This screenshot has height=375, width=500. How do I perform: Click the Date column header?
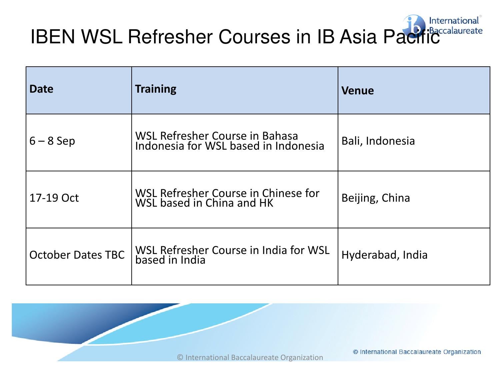41,89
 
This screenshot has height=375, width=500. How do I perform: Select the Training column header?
156,89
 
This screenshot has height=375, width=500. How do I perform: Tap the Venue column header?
357,91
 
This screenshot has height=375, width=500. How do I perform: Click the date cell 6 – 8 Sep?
52,141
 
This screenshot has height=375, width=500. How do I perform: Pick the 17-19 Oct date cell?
54,198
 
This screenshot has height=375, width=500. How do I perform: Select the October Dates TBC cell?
77,255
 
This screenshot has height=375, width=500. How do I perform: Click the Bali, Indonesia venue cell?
378,141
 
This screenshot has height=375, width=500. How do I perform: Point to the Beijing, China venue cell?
376,198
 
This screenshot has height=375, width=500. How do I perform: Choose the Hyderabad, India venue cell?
384,255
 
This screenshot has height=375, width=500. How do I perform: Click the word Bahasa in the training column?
280,136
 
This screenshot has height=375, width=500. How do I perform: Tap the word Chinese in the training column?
282,193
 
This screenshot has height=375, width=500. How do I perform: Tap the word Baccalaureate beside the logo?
456,31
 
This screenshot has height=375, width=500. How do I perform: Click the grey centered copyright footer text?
250,357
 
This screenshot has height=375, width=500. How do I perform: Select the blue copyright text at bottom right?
417,352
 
